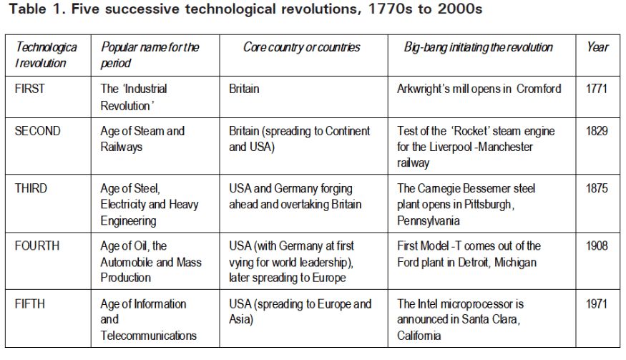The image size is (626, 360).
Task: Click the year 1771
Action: [x=596, y=89]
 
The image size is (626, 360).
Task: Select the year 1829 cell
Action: [x=596, y=132]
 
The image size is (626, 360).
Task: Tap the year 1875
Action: [x=596, y=189]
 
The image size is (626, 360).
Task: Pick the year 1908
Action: [x=596, y=246]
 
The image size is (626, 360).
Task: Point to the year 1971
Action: [x=596, y=304]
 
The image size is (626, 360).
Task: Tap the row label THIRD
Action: [x=32, y=189]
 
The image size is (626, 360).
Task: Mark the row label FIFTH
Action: [x=30, y=304]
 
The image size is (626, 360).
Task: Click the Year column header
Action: [x=597, y=47]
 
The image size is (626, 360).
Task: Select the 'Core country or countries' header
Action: [x=301, y=47]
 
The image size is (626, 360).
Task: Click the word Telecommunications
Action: [x=149, y=335]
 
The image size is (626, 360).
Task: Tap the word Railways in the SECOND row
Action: [x=123, y=147]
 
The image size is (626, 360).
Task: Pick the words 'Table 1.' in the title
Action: [x=33, y=11]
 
